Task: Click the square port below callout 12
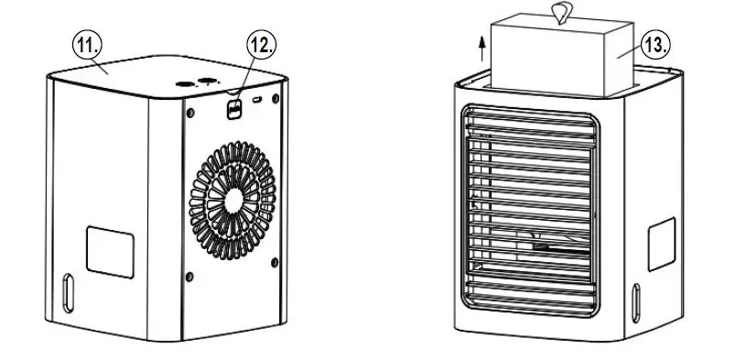(x=233, y=109)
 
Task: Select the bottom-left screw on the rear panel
(x=188, y=274)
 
